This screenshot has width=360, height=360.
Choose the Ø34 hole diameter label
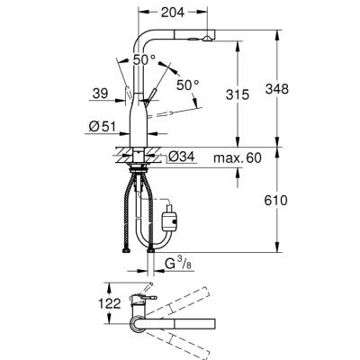(183, 157)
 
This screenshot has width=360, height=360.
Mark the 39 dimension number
(102, 91)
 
